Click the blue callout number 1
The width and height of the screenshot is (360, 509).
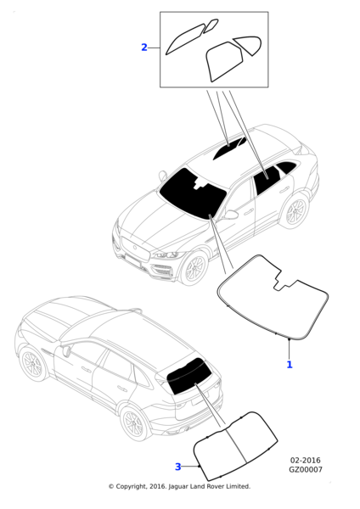point(290,365)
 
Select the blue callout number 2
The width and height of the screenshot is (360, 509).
point(144,48)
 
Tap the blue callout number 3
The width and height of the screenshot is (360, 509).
point(177,467)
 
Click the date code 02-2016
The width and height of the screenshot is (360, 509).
point(305,461)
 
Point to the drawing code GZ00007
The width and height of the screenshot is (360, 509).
point(306,469)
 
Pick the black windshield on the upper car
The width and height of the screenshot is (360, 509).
point(192,193)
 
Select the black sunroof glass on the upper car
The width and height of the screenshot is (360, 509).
point(228,148)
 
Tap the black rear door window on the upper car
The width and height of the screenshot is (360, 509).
point(267,181)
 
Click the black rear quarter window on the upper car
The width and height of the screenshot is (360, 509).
point(286,167)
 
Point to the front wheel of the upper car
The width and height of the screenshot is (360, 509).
point(194,268)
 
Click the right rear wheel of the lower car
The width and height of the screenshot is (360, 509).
point(133,423)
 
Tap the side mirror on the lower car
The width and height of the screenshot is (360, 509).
point(66,350)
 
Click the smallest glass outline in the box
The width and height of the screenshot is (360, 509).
point(211,25)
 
